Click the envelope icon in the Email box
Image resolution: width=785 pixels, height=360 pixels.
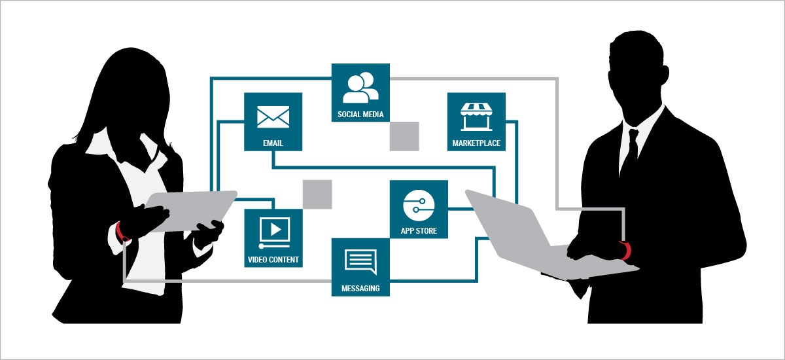click(273, 117)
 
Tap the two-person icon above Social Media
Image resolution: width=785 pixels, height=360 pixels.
click(360, 88)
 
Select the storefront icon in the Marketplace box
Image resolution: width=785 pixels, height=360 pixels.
click(476, 117)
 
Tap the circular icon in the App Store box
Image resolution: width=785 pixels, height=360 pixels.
click(419, 206)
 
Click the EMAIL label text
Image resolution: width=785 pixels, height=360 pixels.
click(273, 143)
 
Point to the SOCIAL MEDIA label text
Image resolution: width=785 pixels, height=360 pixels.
click(360, 115)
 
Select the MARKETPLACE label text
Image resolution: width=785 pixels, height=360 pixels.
click(476, 143)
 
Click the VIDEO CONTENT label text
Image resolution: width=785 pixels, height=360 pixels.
click(273, 260)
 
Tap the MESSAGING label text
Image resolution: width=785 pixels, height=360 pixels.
click(360, 289)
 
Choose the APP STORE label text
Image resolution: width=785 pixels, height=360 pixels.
click(419, 231)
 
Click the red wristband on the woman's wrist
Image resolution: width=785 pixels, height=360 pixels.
click(122, 232)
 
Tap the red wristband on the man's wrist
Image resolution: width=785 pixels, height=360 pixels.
click(626, 250)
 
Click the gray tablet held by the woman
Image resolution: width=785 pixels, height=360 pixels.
click(191, 210)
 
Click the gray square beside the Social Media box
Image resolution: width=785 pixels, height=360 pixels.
click(404, 136)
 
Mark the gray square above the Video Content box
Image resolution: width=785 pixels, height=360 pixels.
click(317, 194)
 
